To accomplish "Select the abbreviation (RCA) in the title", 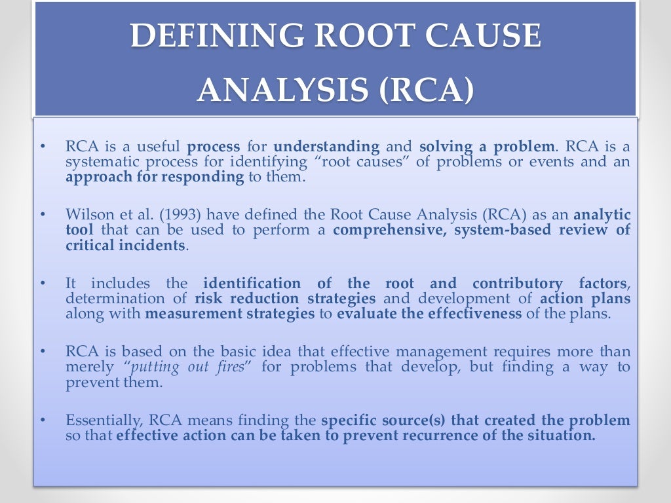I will click(425, 90).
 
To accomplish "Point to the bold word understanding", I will click(326, 146).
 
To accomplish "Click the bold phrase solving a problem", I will click(487, 146).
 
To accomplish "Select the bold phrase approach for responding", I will click(155, 177).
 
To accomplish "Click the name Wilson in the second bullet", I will click(88, 214).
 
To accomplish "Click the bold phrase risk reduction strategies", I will click(285, 298).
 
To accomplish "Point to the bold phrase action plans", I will click(585, 298).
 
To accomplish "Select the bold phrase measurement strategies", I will click(230, 313).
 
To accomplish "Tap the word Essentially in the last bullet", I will click(103, 420).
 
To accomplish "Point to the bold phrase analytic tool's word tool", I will click(79, 230).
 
